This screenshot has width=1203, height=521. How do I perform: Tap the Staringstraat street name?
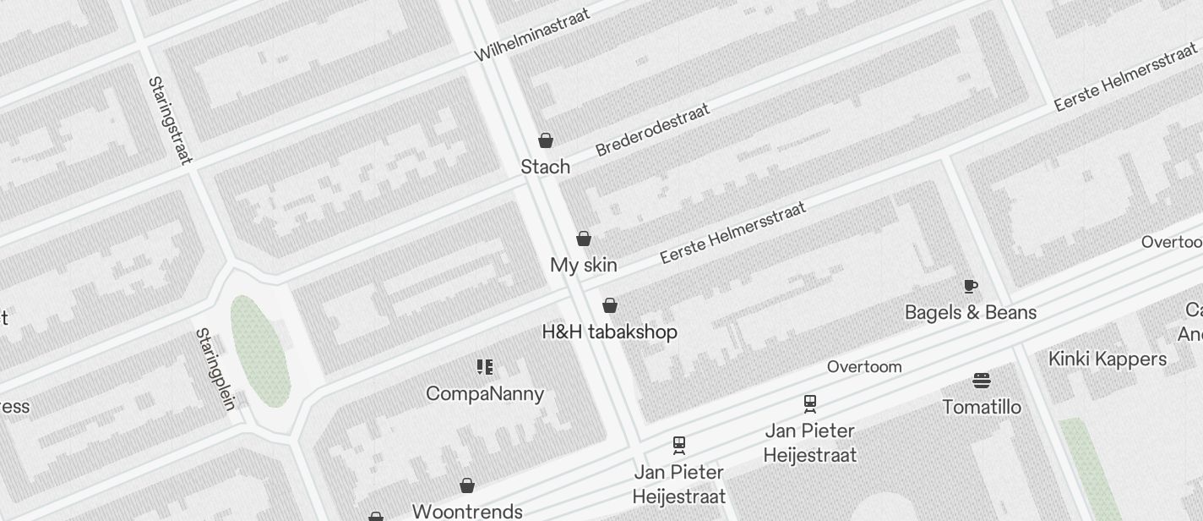[170, 120]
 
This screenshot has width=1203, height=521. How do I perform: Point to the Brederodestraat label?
[652, 129]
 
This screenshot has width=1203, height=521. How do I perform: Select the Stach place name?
[545, 167]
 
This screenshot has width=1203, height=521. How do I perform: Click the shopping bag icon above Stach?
[546, 140]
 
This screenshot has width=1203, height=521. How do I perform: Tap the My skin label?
[583, 265]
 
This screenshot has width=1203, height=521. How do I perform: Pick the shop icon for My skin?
[583, 239]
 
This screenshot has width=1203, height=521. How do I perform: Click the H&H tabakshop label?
[609, 332]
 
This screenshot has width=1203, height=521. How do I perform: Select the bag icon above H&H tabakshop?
[610, 305]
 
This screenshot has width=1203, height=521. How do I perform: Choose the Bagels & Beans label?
[970, 312]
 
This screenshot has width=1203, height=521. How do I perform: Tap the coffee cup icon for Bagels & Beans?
[970, 286]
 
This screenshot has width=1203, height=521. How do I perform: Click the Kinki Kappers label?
[1107, 359]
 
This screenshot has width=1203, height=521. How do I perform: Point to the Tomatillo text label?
[981, 407]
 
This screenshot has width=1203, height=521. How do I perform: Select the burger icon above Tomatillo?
[981, 381]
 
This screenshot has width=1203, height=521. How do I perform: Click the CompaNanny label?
[485, 393]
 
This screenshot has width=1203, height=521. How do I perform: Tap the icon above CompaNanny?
[485, 367]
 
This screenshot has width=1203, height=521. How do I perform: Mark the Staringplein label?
[215, 369]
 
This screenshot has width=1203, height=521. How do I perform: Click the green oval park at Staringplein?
[260, 351]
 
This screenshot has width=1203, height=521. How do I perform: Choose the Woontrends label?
[467, 511]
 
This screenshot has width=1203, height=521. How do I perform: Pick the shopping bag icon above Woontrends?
[467, 485]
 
